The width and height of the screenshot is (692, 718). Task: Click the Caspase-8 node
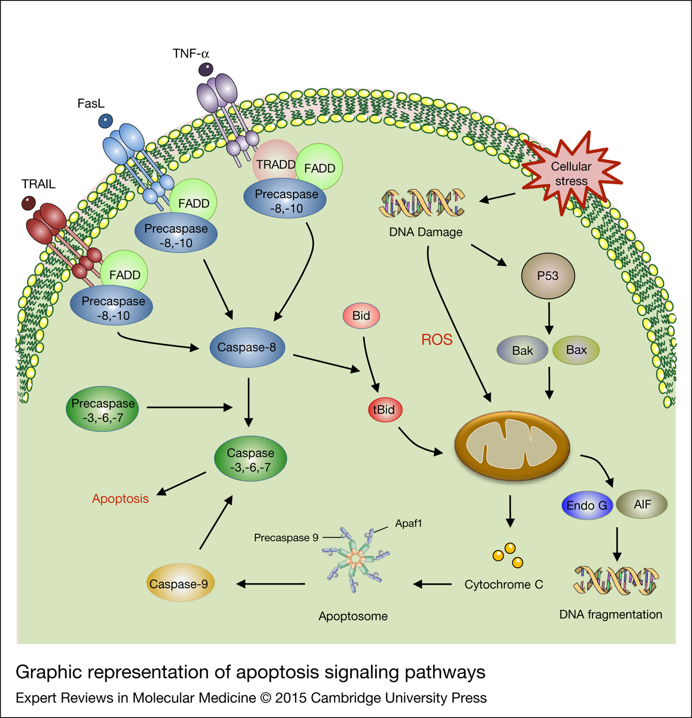247,348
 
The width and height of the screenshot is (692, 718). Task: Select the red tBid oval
385,410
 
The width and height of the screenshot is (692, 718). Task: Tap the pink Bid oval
361,316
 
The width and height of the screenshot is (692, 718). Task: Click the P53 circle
548,276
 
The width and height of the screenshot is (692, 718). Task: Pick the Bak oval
522,351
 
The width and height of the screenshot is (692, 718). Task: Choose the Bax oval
576,350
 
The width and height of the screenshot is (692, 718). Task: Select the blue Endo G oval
587,505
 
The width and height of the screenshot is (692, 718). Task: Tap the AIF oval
642,504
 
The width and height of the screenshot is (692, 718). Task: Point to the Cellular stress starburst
571,174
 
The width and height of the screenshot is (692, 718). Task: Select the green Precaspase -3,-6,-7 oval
102,410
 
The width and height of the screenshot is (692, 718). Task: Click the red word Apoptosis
120,498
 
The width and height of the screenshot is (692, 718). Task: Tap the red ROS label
436,340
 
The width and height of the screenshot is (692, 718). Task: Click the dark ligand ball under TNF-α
206,69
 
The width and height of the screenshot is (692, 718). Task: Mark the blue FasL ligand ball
105,120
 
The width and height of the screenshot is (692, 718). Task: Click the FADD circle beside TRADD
320,168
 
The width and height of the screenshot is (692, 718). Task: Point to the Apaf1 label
408,523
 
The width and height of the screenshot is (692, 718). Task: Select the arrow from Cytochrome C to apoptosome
432,584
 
